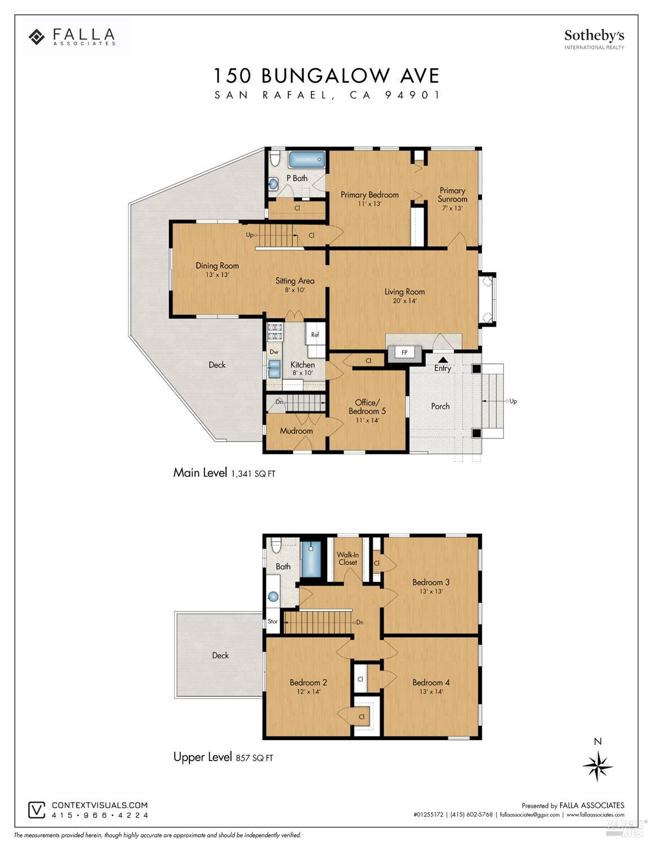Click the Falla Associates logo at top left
point(72,37)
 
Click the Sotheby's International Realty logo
point(594,39)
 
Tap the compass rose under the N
point(597,767)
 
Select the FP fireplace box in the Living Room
point(404,353)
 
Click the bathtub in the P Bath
point(307,160)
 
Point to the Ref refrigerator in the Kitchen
point(315,334)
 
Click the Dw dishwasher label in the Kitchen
point(274,352)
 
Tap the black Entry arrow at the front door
point(443,359)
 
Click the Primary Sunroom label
point(452,195)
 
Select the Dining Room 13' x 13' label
point(217,269)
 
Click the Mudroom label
point(296,431)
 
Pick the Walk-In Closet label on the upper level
point(348,559)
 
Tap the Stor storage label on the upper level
point(273,621)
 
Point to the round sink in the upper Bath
point(273,596)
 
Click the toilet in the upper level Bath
point(276,546)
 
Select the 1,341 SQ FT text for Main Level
point(253,474)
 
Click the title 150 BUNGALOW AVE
point(326,76)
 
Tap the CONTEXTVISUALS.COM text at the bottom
point(100,806)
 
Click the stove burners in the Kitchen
point(274,331)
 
